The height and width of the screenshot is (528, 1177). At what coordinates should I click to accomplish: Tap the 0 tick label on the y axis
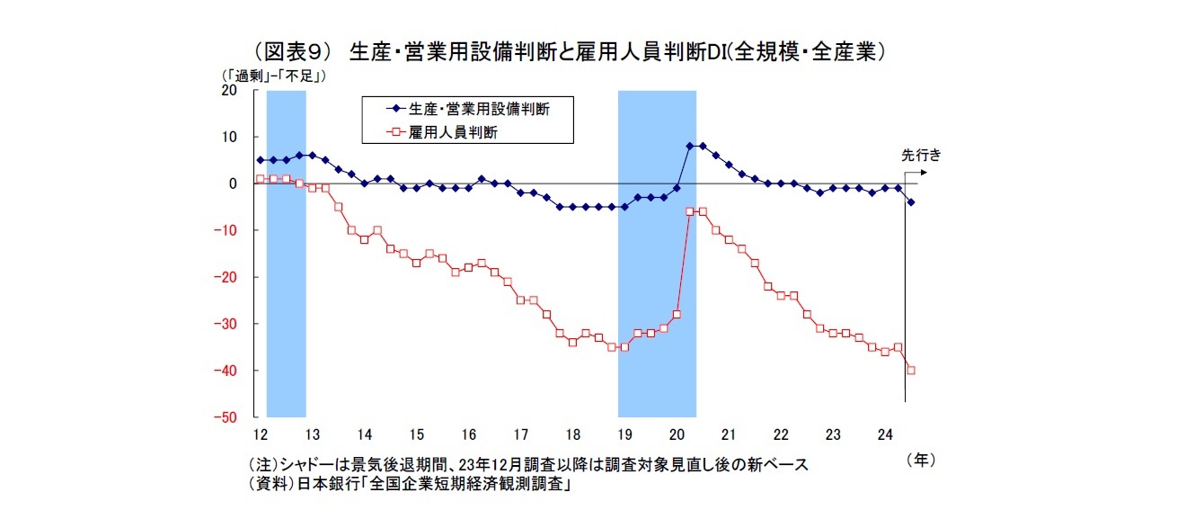tap(232, 183)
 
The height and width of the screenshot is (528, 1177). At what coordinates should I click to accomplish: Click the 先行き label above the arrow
tap(921, 155)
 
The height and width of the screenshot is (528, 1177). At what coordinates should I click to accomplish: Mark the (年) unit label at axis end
tap(921, 459)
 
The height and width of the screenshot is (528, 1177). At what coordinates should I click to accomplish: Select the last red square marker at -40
tap(911, 371)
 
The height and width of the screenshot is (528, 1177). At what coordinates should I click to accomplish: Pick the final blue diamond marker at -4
tap(911, 202)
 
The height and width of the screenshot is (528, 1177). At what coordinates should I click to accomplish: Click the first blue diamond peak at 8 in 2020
tap(689, 146)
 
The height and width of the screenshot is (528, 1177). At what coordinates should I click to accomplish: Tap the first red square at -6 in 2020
tap(689, 211)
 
